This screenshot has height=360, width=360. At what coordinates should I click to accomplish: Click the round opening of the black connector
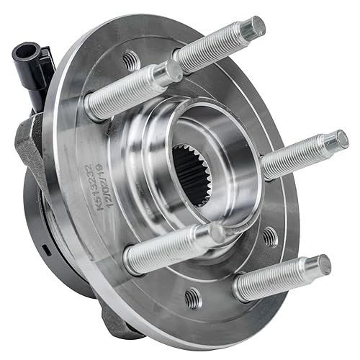point(27,53)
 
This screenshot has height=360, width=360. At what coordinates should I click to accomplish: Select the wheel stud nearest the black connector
point(130,90)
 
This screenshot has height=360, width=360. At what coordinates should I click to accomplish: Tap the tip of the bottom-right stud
point(321,264)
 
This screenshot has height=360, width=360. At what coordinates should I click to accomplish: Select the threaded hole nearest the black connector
point(130,60)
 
